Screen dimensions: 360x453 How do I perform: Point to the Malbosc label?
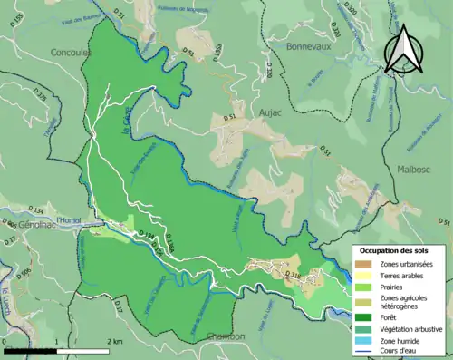point(418,169)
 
